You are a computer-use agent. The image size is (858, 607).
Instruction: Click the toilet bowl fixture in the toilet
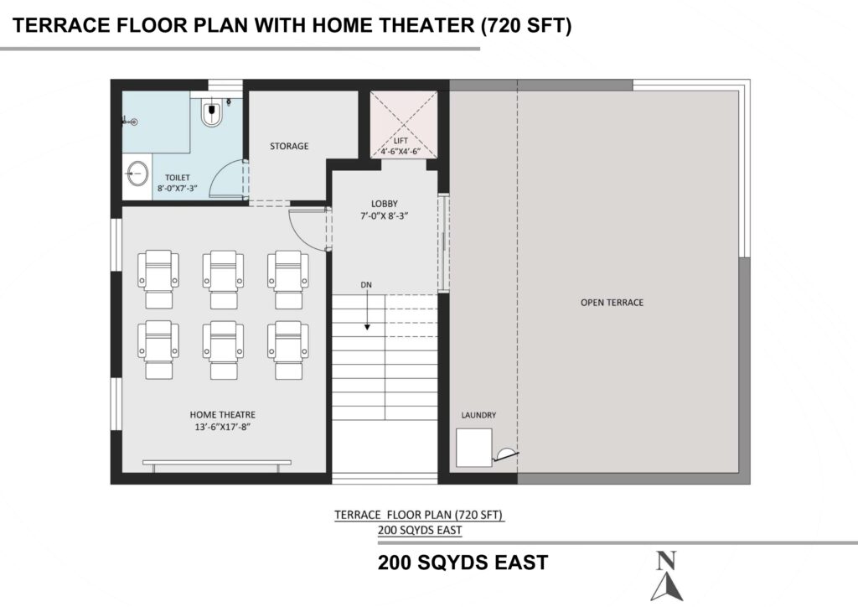point(212,112)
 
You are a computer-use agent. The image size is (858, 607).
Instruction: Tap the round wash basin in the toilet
point(137,174)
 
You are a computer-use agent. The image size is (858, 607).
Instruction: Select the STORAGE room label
point(289,146)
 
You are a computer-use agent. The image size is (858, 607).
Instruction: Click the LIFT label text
point(401,141)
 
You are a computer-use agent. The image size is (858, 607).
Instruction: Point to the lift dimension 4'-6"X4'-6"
point(401,151)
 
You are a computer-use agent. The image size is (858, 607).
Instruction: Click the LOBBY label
point(384,204)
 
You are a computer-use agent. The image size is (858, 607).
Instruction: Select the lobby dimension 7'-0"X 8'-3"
point(384,216)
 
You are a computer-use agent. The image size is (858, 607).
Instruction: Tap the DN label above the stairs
point(366,284)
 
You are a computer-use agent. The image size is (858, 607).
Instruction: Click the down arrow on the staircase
point(367,310)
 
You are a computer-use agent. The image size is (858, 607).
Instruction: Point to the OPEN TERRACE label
point(612,302)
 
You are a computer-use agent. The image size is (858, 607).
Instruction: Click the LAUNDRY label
point(478,415)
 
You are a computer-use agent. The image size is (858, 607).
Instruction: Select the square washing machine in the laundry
point(474,448)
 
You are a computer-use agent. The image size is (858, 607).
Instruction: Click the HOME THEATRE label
point(222,415)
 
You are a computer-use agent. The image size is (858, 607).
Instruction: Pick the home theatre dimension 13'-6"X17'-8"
point(222,427)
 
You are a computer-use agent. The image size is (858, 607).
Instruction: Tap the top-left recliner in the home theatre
point(158,279)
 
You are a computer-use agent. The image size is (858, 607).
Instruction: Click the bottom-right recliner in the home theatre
point(288,350)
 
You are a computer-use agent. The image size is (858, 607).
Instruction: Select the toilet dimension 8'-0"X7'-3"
point(178,189)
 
